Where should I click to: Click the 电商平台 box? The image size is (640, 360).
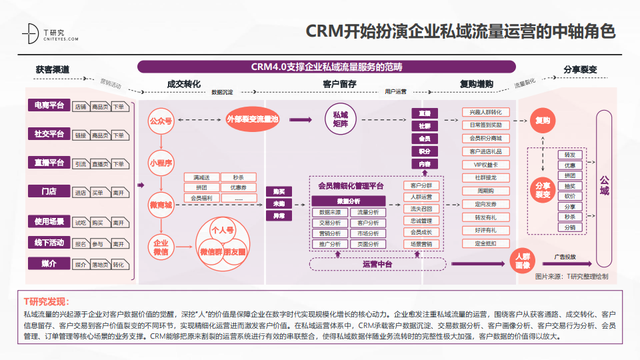pos(49,105)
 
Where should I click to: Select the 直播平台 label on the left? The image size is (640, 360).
pos(49,163)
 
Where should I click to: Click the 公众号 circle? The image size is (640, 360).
pos(161,121)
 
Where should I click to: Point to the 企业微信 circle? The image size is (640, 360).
pos(161,247)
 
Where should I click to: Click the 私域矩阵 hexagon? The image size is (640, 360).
pos(345,119)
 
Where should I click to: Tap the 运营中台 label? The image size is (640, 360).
pos(378,264)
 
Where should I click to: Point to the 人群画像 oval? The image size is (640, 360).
pos(523,259)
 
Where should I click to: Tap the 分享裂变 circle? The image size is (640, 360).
pos(542,189)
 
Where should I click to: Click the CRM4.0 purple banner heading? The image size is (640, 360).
pos(326,67)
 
